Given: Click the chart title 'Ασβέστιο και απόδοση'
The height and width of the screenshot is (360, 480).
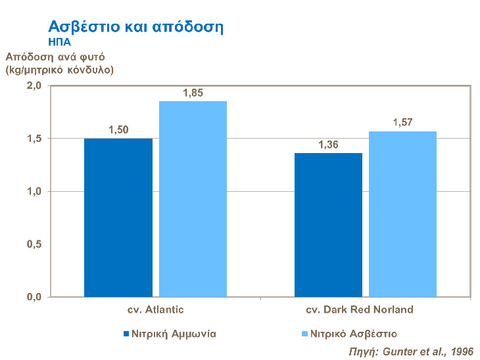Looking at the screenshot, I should [137, 28].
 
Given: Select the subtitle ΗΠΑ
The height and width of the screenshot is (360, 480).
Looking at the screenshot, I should [60, 41].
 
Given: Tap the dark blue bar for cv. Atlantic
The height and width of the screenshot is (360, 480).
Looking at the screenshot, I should [118, 217].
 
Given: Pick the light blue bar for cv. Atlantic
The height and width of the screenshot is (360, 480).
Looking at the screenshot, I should [193, 199].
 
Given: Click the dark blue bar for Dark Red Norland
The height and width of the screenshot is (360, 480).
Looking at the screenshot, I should [328, 225].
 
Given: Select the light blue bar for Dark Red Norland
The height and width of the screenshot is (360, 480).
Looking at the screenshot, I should [402, 214].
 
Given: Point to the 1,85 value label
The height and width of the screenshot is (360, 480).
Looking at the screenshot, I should [193, 93].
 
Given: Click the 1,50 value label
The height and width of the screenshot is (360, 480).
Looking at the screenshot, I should [118, 129].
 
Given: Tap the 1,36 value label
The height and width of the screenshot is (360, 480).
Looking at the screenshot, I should [328, 145].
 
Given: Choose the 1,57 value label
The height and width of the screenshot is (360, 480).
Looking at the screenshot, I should [402, 122].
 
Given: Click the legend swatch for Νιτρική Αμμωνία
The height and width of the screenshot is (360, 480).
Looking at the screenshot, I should [127, 334].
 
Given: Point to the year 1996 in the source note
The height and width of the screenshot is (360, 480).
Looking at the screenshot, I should [462, 351].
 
